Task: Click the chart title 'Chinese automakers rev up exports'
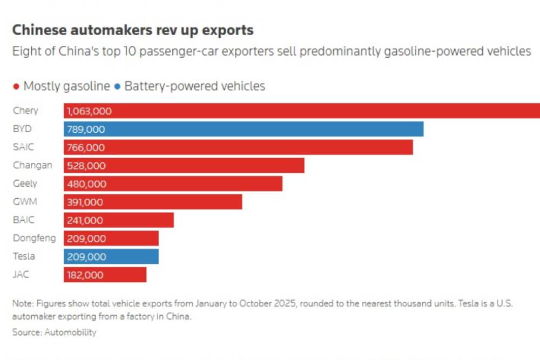[x=133, y=30]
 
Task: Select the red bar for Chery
[x=324, y=111]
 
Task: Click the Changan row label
[x=32, y=166]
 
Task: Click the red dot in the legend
[x=16, y=87]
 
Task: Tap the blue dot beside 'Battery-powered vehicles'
[x=117, y=87]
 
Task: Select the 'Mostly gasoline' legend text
[x=66, y=86]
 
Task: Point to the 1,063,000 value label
[x=90, y=112]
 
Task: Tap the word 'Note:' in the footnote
[x=24, y=304]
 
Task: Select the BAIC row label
[x=24, y=220]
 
